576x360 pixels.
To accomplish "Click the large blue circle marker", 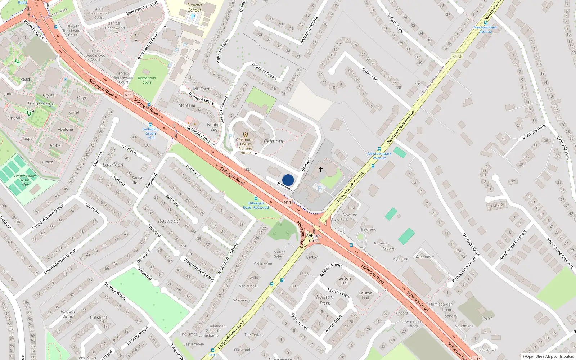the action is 288,180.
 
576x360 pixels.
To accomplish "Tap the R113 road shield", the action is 456,56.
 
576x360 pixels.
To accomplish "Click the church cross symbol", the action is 320,169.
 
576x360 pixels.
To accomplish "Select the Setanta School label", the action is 194,8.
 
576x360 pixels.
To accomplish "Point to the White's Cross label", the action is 314,238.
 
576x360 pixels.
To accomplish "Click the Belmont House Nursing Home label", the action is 246,146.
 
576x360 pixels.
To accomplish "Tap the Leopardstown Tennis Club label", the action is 26,180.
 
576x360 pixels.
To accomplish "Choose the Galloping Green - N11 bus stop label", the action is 150,133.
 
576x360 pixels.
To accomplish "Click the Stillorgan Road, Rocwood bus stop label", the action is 256,205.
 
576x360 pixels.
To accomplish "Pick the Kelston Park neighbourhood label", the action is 325,300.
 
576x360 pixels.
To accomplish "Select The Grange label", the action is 41,104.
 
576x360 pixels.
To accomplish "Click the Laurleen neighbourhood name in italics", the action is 113,165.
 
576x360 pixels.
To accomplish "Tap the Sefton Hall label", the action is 345,280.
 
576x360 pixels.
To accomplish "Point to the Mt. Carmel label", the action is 203,89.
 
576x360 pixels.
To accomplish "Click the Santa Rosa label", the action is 137,180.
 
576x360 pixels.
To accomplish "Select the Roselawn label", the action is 425,257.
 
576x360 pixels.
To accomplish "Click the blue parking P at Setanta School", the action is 193,17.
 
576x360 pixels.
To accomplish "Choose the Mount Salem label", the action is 279,254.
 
